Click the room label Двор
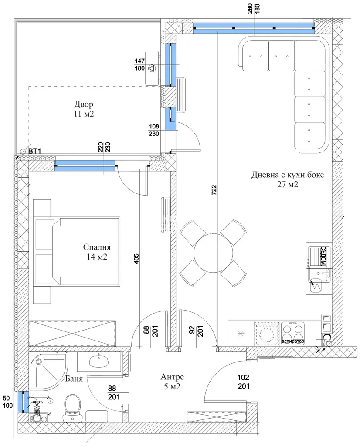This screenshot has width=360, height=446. [x=84, y=105]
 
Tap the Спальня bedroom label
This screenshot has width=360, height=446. [x=97, y=247]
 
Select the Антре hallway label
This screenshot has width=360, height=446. [x=172, y=377]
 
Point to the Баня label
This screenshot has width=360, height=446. [x=74, y=378]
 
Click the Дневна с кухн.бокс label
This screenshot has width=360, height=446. [x=287, y=175]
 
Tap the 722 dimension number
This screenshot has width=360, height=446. [x=214, y=190]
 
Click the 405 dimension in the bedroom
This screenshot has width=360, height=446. [x=136, y=259]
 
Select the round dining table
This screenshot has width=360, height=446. [x=214, y=253]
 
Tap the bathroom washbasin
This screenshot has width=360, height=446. [x=99, y=362]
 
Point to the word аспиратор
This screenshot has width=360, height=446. [x=293, y=341]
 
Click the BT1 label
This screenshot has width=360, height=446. [x=35, y=151]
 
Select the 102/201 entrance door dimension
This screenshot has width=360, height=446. [x=243, y=382]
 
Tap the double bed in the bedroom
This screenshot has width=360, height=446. [x=77, y=251]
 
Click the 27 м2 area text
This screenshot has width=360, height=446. [x=288, y=184]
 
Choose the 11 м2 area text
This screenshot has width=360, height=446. [x=84, y=114]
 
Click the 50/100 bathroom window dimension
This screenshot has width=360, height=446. [x=8, y=401]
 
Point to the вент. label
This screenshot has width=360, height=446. [x=38, y=402]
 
